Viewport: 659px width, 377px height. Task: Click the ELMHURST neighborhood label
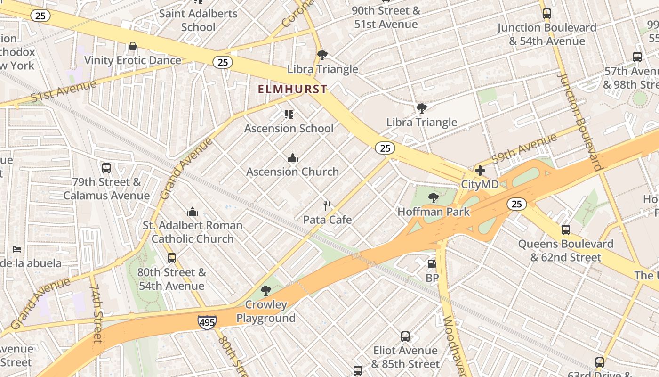click(x=292, y=89)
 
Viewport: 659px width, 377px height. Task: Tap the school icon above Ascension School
click(x=289, y=115)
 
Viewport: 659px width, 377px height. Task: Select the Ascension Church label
click(x=292, y=172)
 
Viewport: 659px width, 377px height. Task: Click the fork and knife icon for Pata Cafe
click(x=328, y=206)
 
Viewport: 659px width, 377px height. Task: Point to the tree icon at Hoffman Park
click(x=434, y=198)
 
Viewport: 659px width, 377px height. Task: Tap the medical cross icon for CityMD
click(x=480, y=171)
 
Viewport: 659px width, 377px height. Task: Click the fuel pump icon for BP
click(x=432, y=264)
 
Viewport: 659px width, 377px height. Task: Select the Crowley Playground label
click(x=266, y=311)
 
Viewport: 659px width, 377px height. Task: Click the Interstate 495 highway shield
click(x=207, y=322)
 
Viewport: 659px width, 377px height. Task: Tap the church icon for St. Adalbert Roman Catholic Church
click(x=193, y=212)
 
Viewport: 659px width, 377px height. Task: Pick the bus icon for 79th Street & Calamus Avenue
click(x=106, y=168)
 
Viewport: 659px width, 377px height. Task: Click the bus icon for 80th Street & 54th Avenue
click(x=172, y=258)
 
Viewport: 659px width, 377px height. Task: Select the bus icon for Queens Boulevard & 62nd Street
click(x=566, y=230)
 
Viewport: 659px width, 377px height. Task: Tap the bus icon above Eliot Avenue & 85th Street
click(x=405, y=336)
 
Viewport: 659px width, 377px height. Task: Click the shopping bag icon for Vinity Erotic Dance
click(x=133, y=46)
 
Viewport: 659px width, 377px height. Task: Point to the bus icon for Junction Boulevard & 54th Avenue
click(x=547, y=14)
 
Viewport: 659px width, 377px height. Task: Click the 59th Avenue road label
click(x=524, y=148)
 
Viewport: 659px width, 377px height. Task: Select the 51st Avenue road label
click(x=63, y=91)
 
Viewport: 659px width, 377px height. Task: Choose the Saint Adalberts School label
click(x=198, y=20)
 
